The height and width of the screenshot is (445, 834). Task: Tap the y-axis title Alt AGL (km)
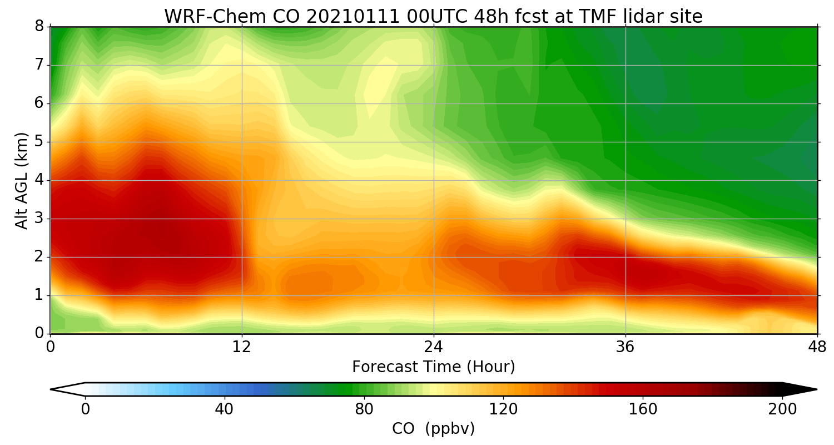click(x=22, y=180)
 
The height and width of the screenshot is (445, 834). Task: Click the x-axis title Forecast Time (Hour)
click(x=434, y=367)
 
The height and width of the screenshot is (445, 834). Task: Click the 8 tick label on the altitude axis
click(x=39, y=27)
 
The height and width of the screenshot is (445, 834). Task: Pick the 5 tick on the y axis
click(x=39, y=142)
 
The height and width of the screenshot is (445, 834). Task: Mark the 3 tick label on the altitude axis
click(x=39, y=219)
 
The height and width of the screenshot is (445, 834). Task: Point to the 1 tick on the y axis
click(x=39, y=295)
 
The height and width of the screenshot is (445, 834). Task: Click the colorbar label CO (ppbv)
click(x=434, y=429)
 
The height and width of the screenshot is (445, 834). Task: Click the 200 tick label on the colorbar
click(x=782, y=409)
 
